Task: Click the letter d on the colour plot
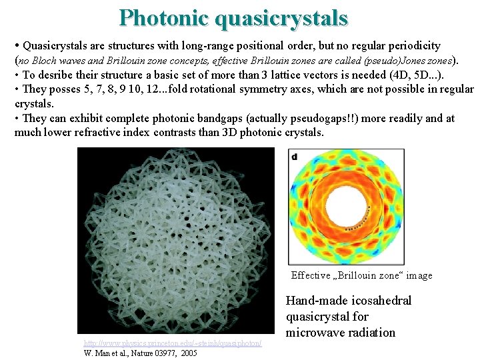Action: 295,156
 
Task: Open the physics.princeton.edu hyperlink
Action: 173,343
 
